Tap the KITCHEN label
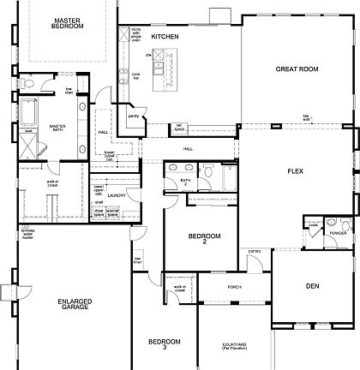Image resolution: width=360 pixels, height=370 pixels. [x=164, y=37]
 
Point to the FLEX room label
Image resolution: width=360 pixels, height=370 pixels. [x=297, y=171]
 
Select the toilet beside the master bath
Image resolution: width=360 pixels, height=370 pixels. [x=29, y=86]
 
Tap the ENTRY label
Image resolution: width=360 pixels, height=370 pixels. [x=255, y=251]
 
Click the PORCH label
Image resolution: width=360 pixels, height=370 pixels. [x=234, y=287]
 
